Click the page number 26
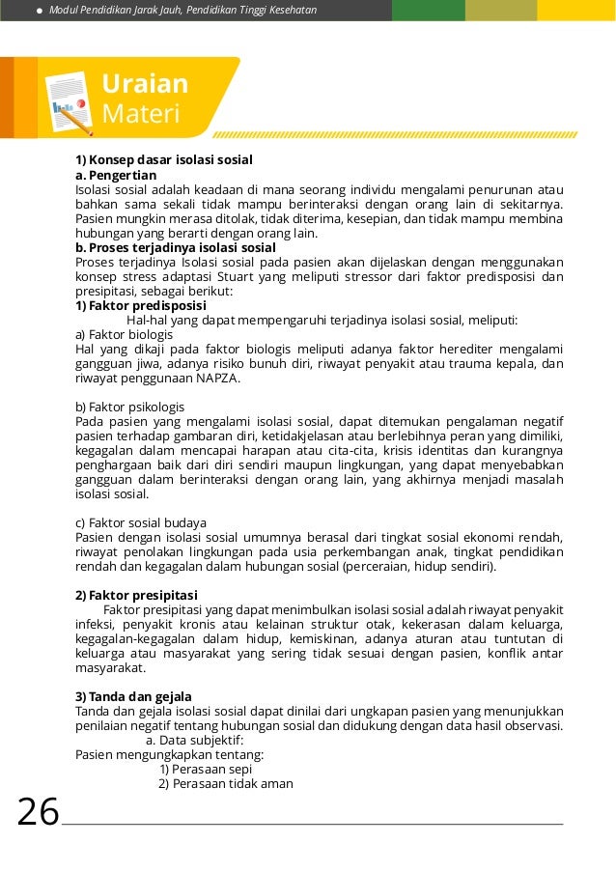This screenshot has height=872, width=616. pyautogui.click(x=39, y=813)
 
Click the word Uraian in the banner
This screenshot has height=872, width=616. pyautogui.click(x=145, y=83)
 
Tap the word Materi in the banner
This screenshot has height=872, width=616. pyautogui.click(x=141, y=115)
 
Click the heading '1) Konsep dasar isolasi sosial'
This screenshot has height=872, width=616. pyautogui.click(x=164, y=159)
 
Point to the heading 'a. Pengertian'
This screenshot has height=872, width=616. pyautogui.click(x=116, y=175)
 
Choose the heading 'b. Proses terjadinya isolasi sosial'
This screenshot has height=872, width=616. pyautogui.click(x=176, y=247)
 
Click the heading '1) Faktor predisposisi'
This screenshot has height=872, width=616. pyautogui.click(x=141, y=305)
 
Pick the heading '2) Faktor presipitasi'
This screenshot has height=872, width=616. pyautogui.click(x=136, y=594)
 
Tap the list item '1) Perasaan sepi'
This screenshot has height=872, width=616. pyautogui.click(x=206, y=769)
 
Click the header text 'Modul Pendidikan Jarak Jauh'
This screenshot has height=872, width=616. pyautogui.click(x=116, y=10)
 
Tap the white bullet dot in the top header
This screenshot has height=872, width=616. pyautogui.click(x=38, y=10)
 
